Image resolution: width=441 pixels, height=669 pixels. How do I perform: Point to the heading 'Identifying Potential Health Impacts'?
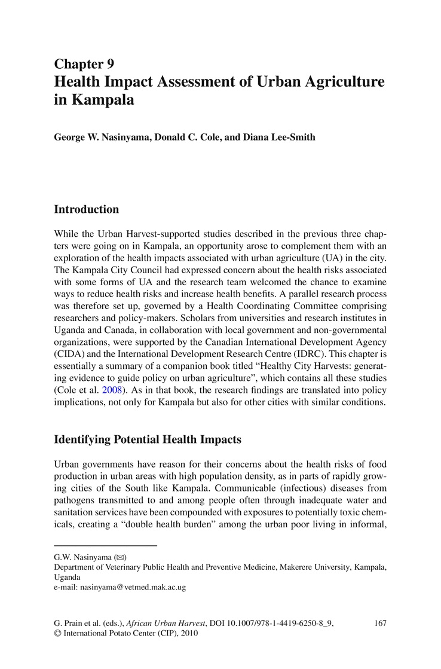[x=148, y=439]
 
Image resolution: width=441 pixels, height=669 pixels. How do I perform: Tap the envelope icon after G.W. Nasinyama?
[x=120, y=557]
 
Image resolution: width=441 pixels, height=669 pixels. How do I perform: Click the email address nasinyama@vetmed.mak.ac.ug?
[x=120, y=587]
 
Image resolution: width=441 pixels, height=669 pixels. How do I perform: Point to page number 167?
[x=380, y=623]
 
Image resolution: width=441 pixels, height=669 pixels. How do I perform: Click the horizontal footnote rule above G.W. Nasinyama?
[x=105, y=546]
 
